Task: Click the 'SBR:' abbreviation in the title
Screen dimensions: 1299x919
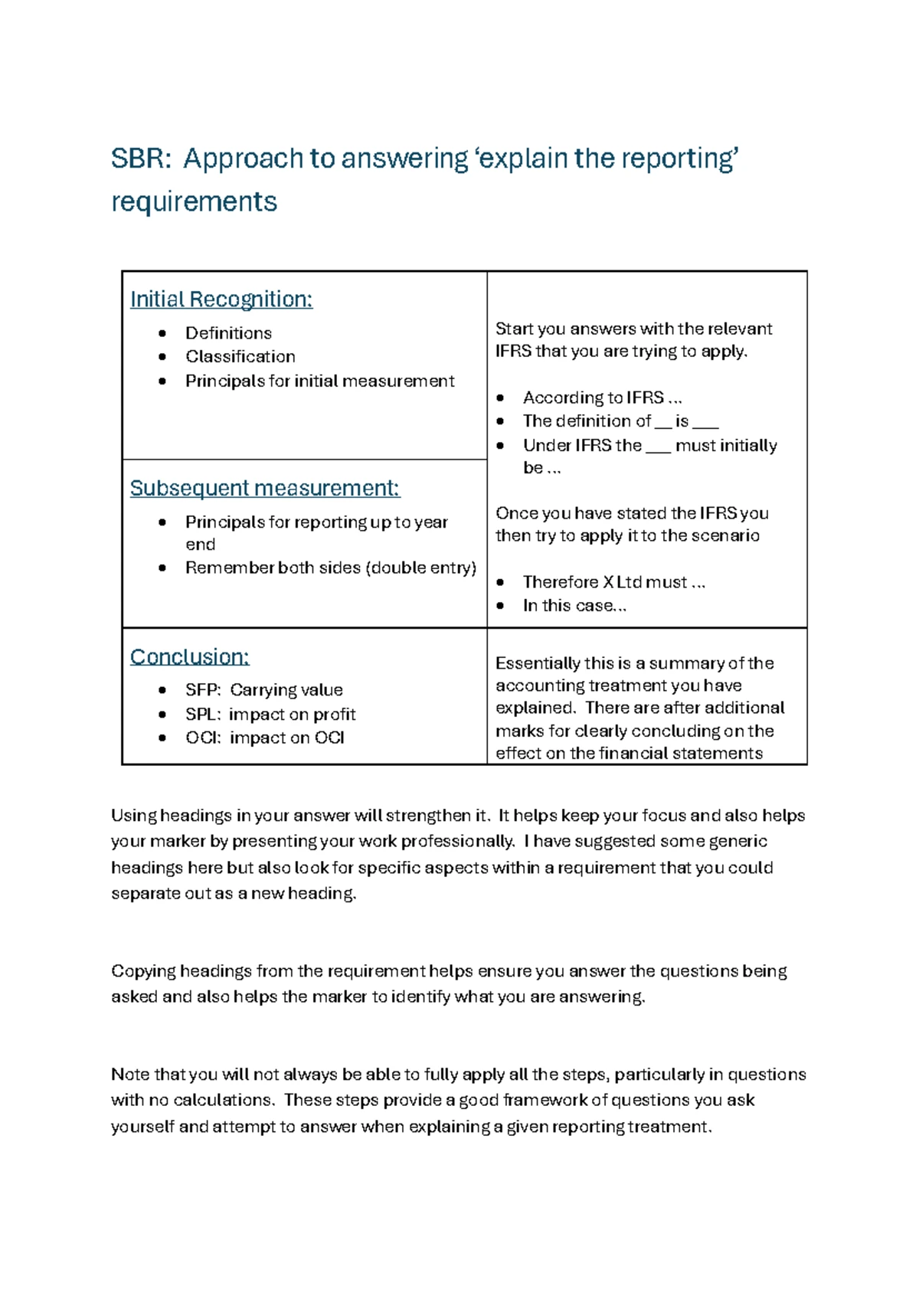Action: click(x=140, y=159)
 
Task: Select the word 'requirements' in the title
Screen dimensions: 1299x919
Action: click(x=194, y=201)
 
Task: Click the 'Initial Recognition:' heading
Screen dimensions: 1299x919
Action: click(x=221, y=299)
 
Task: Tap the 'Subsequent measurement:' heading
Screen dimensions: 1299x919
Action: click(x=265, y=488)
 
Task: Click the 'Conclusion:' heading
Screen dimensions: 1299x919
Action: click(x=189, y=656)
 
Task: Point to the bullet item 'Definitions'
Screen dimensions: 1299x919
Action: click(x=228, y=333)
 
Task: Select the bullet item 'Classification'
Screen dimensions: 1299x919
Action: click(x=240, y=356)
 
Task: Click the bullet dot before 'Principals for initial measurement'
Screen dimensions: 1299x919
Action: click(x=162, y=381)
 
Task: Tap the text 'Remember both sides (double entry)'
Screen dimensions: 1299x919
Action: click(x=330, y=568)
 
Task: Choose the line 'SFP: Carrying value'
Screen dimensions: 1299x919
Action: click(x=263, y=690)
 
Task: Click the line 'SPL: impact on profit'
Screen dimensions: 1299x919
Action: click(x=270, y=714)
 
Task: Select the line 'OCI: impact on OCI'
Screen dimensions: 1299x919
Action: click(x=264, y=738)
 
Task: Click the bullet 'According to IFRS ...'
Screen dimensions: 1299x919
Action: click(x=602, y=398)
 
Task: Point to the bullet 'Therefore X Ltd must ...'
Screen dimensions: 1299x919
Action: click(x=613, y=582)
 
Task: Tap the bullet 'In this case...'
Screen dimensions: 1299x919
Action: click(x=574, y=605)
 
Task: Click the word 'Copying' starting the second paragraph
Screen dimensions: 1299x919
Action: click(x=143, y=971)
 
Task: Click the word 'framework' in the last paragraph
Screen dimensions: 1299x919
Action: click(x=544, y=1100)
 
